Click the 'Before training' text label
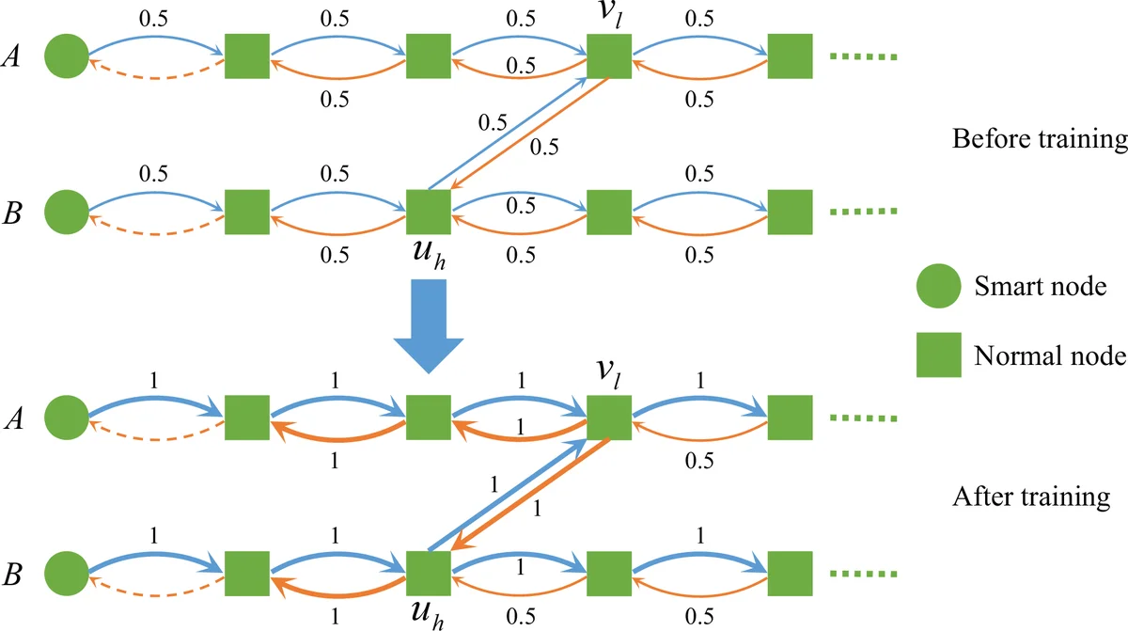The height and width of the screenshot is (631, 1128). pos(1039,140)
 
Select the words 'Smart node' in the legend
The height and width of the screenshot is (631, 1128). pos(1026,285)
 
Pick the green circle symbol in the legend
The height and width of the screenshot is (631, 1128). pos(937,285)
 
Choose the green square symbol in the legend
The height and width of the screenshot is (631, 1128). pos(937,355)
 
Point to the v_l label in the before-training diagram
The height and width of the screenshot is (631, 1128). pos(610,15)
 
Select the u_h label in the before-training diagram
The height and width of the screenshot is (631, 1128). pos(429,255)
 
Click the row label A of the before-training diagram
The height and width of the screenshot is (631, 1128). pos(16,57)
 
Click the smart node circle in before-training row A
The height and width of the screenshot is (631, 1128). pos(66,57)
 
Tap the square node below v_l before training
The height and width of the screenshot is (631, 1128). pos(610,57)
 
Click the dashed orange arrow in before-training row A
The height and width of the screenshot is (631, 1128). pos(156,75)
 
